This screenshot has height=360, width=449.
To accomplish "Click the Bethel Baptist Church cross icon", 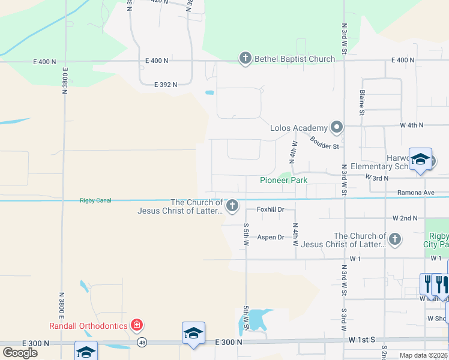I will [x=245, y=58].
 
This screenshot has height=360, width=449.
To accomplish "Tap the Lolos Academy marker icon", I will [x=337, y=127].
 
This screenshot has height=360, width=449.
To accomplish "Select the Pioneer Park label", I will [x=283, y=180].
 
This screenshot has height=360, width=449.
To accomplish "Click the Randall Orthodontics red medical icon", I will [x=137, y=325].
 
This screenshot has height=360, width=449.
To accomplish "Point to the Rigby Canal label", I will [x=95, y=200].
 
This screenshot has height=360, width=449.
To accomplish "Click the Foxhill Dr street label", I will [x=270, y=209].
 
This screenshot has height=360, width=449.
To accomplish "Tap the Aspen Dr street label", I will [x=270, y=238].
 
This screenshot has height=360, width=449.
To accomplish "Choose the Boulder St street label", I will [x=325, y=142].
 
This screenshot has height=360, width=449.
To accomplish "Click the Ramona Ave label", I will [x=415, y=193].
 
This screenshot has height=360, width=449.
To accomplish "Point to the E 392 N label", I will [x=165, y=85].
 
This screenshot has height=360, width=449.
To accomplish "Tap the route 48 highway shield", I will [x=142, y=342].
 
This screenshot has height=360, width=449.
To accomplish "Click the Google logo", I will [x=19, y=353].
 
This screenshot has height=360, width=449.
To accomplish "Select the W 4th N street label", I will [x=412, y=125].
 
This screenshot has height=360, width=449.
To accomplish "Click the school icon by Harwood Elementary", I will [x=420, y=160].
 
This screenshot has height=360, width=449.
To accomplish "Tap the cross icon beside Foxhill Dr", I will [x=232, y=206].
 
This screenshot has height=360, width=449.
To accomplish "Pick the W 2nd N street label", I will [x=405, y=218].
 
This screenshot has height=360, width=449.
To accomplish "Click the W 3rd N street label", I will [x=377, y=178].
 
